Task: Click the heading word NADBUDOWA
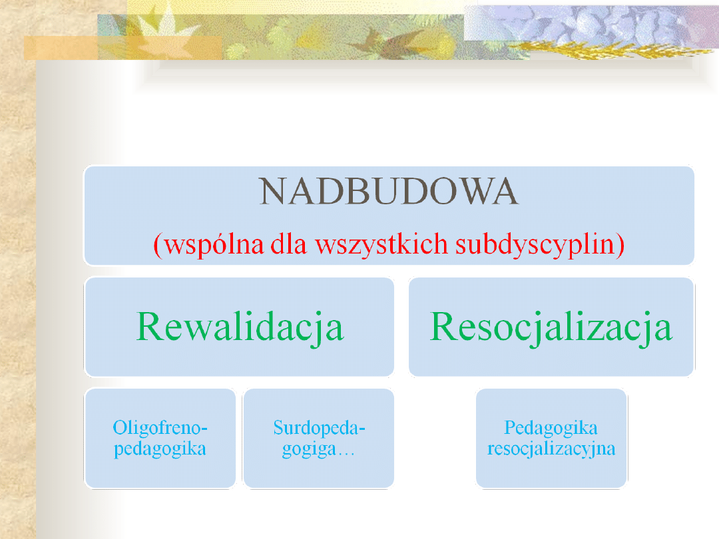point(389,191)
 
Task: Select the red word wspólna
point(214,244)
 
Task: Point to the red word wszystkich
point(381,244)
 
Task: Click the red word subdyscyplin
point(535,244)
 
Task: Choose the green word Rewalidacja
point(240,327)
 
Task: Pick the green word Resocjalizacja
point(551,327)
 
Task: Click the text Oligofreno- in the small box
point(160,428)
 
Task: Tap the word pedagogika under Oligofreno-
point(160,449)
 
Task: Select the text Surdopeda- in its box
point(319,428)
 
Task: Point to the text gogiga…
point(318,449)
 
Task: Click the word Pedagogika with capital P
point(551,428)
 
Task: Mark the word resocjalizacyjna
point(551,449)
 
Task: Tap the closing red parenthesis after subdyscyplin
point(620,245)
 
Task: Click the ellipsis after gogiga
point(346,454)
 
